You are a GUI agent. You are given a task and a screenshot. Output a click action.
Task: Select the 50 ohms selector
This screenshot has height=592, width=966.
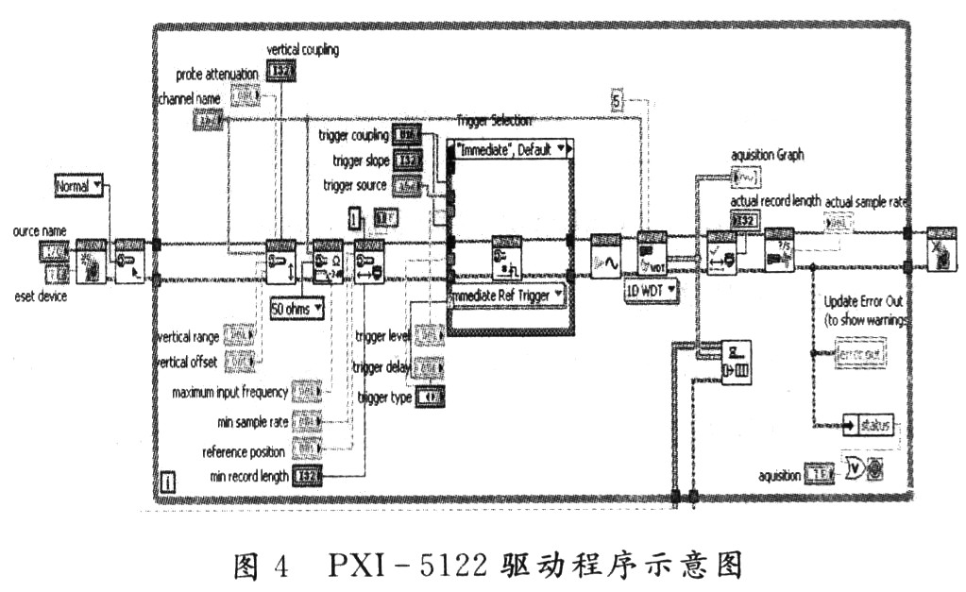point(296,307)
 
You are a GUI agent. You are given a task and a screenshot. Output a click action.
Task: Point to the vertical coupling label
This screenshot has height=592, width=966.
point(302,49)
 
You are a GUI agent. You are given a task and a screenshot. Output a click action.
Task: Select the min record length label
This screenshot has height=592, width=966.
point(249,477)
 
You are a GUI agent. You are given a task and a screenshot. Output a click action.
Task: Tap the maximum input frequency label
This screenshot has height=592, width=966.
point(229,392)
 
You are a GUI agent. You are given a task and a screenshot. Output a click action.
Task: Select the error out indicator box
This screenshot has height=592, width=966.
point(860,353)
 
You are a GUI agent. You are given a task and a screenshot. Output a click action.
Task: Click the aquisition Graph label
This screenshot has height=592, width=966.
point(767,155)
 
